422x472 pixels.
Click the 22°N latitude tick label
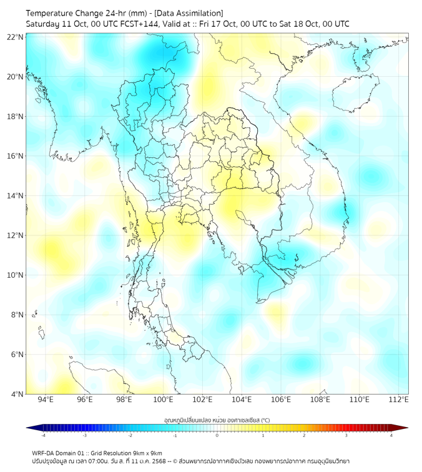16,37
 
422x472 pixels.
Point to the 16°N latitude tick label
16,156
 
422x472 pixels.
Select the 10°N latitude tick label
16,275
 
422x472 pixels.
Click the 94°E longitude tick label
46,400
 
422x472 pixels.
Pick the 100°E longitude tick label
163,400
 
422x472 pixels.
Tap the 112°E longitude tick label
398,400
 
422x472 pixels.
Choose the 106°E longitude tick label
281,400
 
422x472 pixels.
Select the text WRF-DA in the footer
45,453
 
